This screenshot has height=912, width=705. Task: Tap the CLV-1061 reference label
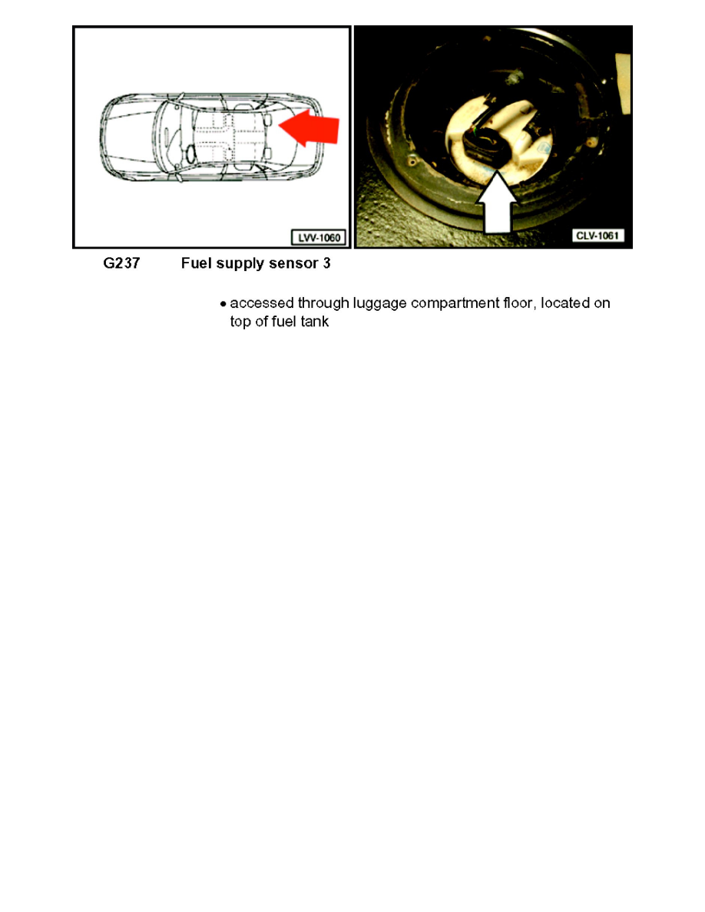point(600,236)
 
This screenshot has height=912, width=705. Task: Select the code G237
point(121,263)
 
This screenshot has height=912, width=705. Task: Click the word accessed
point(260,303)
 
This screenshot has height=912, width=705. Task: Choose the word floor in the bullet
point(519,303)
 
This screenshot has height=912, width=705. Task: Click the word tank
point(314,322)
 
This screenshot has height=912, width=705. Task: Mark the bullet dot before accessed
point(223,304)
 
